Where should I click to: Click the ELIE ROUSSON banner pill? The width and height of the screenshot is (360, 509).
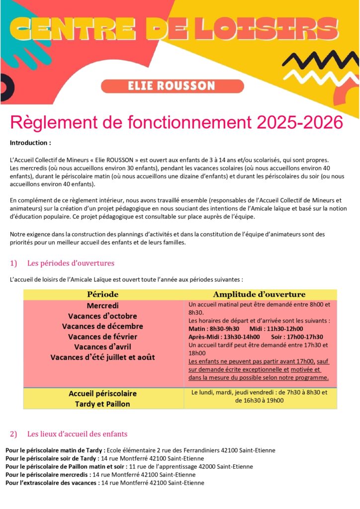172,86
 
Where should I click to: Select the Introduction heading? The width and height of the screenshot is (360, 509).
30,143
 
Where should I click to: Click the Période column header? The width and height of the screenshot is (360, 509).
103,294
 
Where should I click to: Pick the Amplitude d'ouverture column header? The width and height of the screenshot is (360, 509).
259,294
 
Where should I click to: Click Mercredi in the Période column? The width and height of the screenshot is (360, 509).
103,305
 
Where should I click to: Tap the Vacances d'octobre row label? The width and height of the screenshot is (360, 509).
102,316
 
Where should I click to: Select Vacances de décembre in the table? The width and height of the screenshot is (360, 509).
102,326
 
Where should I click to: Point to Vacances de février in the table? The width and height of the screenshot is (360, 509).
102,337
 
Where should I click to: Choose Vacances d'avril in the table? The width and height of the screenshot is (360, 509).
102,346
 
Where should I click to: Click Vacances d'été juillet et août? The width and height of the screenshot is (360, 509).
102,357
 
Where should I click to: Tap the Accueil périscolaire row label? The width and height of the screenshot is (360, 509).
102,393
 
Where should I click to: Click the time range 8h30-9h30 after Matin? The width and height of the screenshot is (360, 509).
224,329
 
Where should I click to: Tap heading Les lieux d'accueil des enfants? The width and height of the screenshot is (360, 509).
77,433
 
